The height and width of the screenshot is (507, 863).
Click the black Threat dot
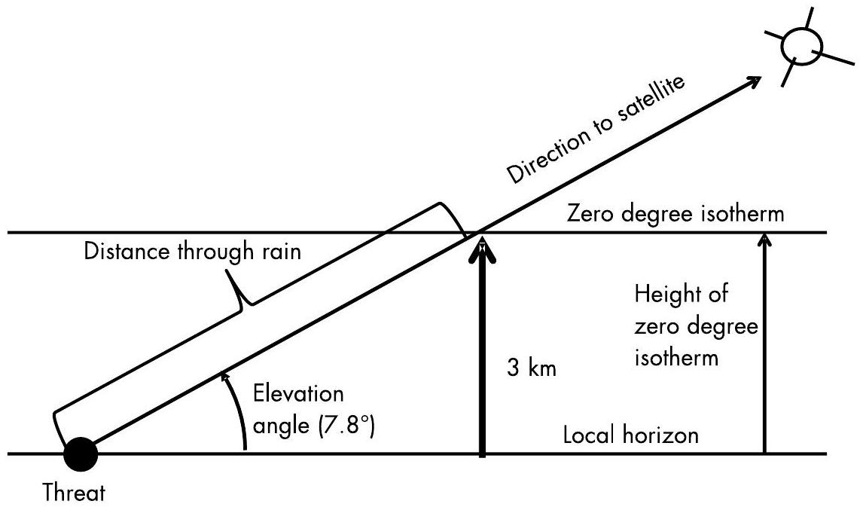click(x=80, y=454)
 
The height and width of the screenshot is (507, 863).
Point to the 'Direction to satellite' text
click(x=595, y=130)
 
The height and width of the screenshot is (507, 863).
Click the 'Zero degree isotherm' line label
click(x=675, y=214)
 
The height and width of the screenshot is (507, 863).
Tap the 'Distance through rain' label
click(x=192, y=252)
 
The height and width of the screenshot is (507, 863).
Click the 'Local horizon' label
click(x=631, y=435)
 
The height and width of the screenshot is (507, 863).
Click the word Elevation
click(x=298, y=394)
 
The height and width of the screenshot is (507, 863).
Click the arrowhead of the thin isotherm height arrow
click(x=764, y=240)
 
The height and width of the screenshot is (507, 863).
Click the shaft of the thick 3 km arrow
click(x=482, y=362)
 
